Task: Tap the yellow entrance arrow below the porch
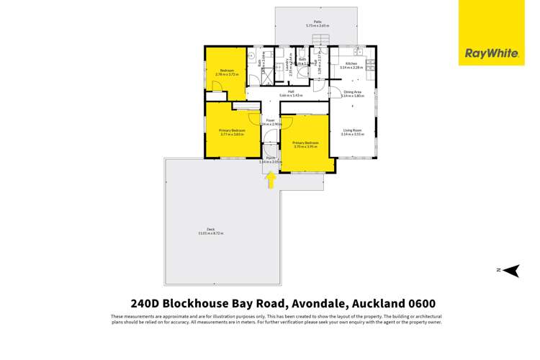coord(271,181)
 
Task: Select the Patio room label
coord(317,22)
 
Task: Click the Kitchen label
coord(351,64)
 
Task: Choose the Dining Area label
coord(352,91)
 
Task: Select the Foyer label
coord(271,120)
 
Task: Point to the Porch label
coord(271,158)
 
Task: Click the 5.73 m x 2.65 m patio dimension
coord(317,26)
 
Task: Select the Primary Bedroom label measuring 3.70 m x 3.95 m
coord(305,143)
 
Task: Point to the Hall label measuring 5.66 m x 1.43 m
coord(291,91)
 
